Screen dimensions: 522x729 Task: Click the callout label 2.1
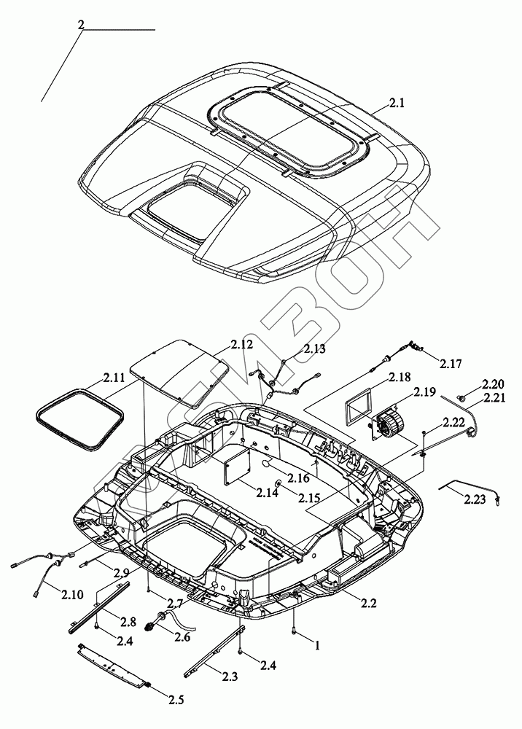pyautogui.click(x=397, y=104)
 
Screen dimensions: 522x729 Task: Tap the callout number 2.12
pyautogui.click(x=242, y=345)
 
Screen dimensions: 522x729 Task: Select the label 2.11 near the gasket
pyautogui.click(x=114, y=377)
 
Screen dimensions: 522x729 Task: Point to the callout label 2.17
pyautogui.click(x=451, y=364)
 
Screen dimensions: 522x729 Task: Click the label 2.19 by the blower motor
pyautogui.click(x=424, y=392)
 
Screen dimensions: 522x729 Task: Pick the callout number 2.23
pyautogui.click(x=475, y=499)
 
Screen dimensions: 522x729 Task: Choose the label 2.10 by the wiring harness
pyautogui.click(x=71, y=594)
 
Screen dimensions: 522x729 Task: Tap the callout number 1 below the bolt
pyautogui.click(x=317, y=646)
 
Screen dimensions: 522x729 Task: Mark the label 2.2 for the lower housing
pyautogui.click(x=368, y=603)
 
